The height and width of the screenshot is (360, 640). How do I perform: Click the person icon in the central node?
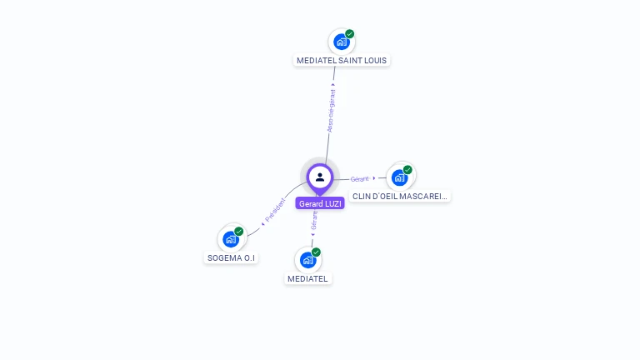click(320, 177)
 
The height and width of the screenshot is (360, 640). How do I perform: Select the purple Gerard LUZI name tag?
click(320, 203)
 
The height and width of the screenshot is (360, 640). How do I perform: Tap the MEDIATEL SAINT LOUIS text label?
click(342, 61)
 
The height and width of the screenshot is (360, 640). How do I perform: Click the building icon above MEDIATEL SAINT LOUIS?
click(341, 42)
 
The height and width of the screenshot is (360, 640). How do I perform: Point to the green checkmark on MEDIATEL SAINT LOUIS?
click(350, 34)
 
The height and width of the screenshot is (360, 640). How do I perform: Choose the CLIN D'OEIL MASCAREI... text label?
click(400, 197)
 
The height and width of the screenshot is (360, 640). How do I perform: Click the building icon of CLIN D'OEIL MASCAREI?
click(399, 177)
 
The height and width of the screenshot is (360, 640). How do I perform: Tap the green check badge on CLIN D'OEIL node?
click(407, 170)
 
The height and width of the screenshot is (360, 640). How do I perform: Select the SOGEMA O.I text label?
click(231, 258)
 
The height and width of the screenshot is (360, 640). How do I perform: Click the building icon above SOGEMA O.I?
click(230, 239)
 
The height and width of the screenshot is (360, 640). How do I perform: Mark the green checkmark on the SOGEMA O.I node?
click(239, 232)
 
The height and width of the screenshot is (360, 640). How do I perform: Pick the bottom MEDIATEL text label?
click(307, 278)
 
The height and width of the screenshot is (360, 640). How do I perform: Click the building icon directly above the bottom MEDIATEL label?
click(307, 259)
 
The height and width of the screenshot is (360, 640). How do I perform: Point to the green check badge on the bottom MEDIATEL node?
click(316, 252)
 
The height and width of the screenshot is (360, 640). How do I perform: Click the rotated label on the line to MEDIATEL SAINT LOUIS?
click(331, 111)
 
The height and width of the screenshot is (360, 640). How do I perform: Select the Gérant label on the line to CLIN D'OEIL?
click(359, 178)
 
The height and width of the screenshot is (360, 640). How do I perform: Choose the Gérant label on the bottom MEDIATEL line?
click(314, 220)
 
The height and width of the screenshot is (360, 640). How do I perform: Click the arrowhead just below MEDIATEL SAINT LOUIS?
click(333, 84)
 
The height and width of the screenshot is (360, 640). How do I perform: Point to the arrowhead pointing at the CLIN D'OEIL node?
click(374, 177)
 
